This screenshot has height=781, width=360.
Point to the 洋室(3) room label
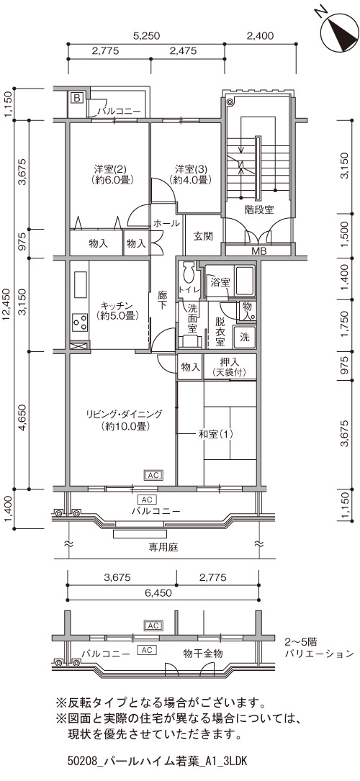(188, 173)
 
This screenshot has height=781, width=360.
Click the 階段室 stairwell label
(259, 209)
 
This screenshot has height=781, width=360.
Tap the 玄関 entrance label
(203, 235)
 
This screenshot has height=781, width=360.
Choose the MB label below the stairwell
(258, 251)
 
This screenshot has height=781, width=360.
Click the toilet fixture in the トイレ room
(189, 274)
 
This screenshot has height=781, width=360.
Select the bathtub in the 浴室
(245, 281)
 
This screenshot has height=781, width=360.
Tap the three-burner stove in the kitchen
(80, 322)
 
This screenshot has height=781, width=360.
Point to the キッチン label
(117, 310)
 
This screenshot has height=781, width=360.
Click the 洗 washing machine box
(245, 336)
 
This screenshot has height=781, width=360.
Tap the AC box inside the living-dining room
(153, 476)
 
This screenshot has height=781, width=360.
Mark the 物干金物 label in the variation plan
(202, 653)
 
